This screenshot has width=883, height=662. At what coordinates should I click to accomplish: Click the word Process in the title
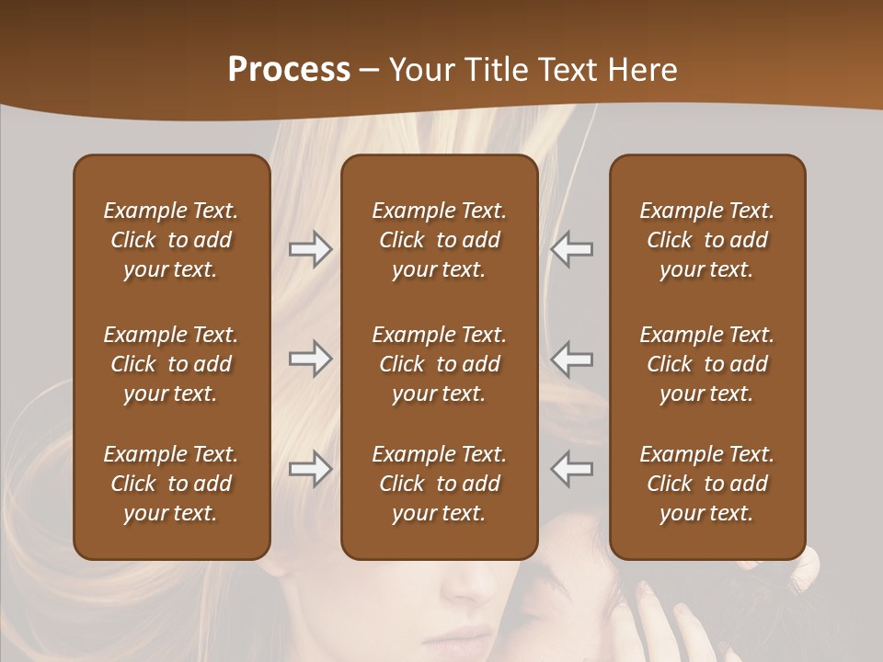pos(289,70)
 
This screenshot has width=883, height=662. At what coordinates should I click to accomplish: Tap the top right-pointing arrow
pos(311,249)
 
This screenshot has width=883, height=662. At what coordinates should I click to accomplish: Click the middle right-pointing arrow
pos(311,359)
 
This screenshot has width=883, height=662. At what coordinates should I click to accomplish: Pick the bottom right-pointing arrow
pos(311,469)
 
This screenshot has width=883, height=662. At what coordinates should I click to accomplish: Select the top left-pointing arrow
pos(572,249)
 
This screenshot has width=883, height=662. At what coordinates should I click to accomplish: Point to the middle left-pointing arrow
pos(572,359)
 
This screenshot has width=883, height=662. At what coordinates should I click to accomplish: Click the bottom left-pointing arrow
pos(572,469)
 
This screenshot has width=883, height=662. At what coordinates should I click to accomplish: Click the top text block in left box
pos(171,240)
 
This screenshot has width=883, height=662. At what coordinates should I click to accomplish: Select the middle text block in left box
pos(171,364)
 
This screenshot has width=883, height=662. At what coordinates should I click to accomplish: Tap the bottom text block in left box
pos(171,484)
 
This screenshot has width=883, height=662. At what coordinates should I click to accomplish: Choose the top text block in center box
pos(440,240)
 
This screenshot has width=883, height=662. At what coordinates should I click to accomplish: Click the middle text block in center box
pos(440,364)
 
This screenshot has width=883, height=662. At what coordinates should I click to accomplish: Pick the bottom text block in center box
pos(440,484)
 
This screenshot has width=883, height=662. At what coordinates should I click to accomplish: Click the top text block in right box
pos(707,240)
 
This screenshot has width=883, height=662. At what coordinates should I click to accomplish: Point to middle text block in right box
pos(707,364)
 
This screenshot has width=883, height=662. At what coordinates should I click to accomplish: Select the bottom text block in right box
pos(707,484)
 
